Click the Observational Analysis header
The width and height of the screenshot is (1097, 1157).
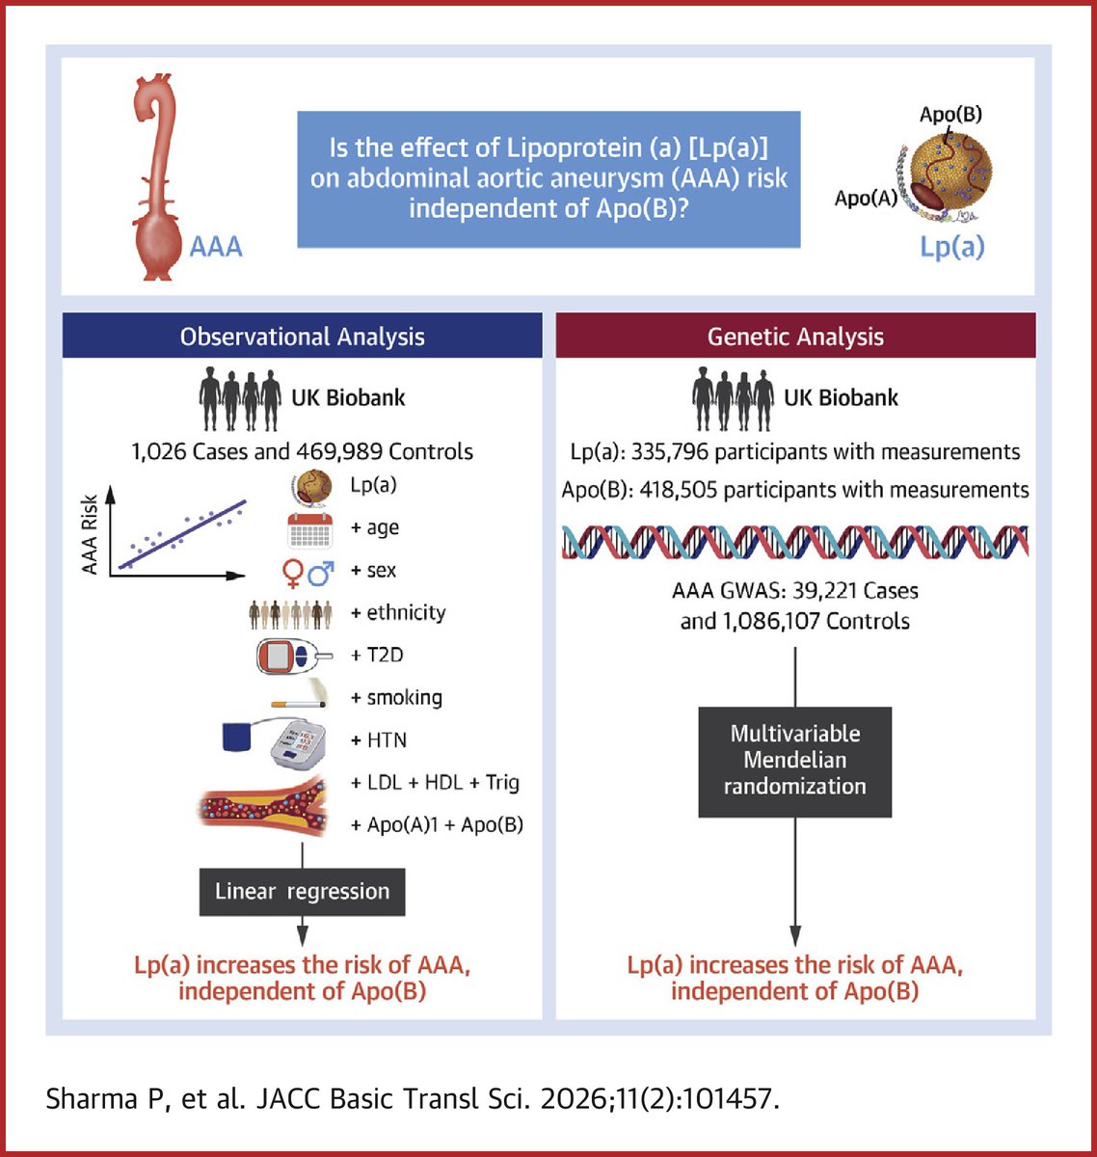(x=302, y=336)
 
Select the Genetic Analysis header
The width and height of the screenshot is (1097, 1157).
(x=795, y=336)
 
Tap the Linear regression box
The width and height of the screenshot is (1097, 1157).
(x=302, y=892)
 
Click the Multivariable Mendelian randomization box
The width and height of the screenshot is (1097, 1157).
(x=795, y=761)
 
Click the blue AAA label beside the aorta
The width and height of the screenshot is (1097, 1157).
(x=216, y=247)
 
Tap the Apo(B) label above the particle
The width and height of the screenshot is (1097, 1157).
(x=950, y=114)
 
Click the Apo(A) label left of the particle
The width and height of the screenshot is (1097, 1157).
(x=866, y=199)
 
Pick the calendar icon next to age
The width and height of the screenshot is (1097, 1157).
(x=309, y=529)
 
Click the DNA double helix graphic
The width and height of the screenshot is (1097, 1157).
(x=795, y=542)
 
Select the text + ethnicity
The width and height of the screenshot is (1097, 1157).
(x=398, y=613)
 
